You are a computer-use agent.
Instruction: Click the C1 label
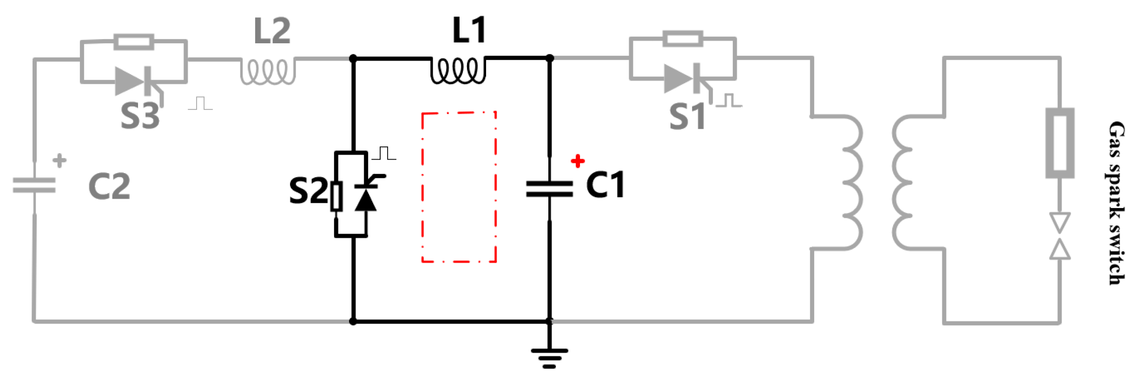[x=605, y=185]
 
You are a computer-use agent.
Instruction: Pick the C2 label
[x=109, y=186]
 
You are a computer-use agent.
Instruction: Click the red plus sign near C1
[x=578, y=161]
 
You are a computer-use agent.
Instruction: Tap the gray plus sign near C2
[x=59, y=161]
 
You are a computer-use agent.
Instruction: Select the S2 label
[x=308, y=190]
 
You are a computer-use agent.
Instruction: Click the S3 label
[x=140, y=115]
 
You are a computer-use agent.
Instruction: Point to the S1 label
[x=687, y=116]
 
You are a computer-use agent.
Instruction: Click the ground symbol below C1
[x=549, y=358]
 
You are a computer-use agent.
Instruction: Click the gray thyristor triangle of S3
[x=130, y=81]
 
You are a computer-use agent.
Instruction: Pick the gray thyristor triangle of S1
[x=678, y=79]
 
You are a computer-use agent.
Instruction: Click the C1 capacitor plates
[x=549, y=189]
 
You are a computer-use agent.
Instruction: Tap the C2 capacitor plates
[x=34, y=185]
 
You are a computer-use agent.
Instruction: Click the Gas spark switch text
[x=1116, y=203]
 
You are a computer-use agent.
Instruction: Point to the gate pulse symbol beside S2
[x=384, y=153]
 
